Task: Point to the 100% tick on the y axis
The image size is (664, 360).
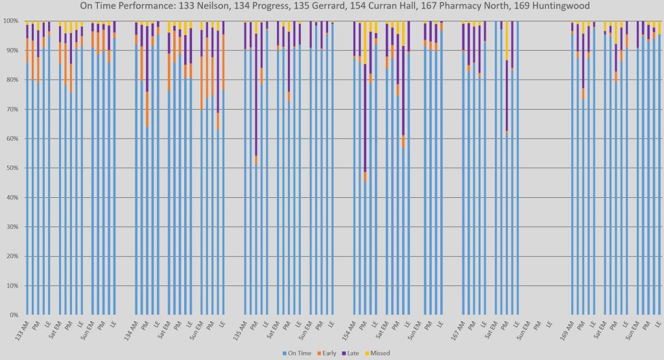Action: click(x=11, y=21)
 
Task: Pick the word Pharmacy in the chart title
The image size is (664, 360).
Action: click(x=476, y=7)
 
